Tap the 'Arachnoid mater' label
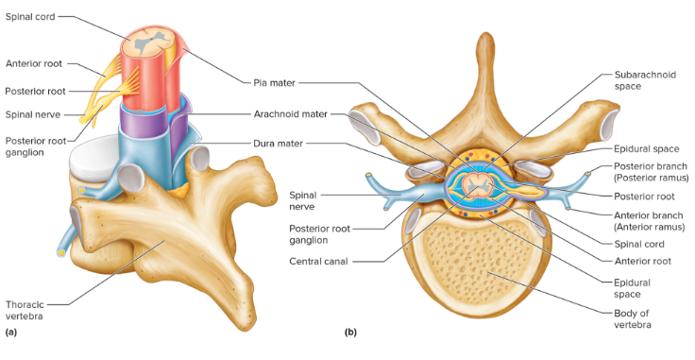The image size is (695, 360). click(x=290, y=113)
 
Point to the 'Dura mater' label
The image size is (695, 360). click(x=279, y=144)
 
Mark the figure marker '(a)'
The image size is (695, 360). click(x=10, y=333)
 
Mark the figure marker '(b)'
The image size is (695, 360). click(x=350, y=333)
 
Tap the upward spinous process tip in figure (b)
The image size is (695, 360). click(x=484, y=43)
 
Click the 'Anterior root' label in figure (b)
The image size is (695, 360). click(x=642, y=261)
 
